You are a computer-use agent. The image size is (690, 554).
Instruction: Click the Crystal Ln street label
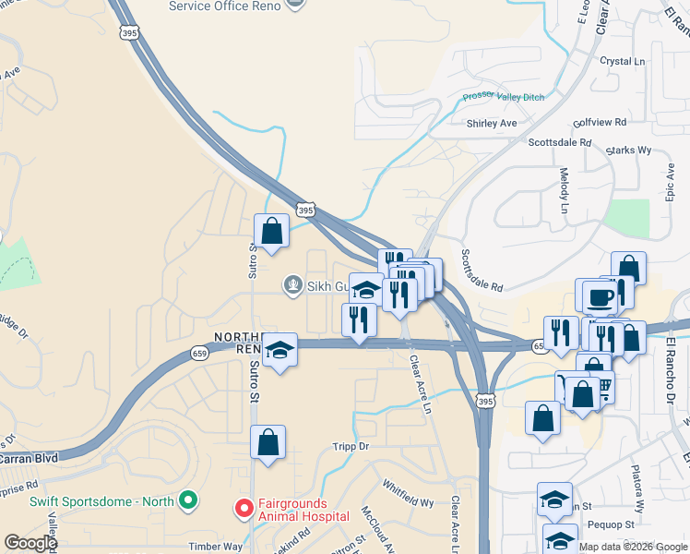622,61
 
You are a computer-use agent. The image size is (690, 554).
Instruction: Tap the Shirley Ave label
492,123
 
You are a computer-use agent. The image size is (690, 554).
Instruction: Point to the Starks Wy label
629,149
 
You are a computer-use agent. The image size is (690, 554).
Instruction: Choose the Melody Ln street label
565,190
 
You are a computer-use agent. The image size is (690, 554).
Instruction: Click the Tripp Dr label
351,446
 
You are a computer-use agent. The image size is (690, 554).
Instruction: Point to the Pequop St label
616,524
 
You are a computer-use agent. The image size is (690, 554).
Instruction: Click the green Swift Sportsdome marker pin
188,501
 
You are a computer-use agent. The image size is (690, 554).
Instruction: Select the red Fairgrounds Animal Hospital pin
244,508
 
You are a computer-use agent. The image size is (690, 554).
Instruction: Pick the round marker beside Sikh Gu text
293,284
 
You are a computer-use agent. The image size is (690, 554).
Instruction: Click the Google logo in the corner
30,544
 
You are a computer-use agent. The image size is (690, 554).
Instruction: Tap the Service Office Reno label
224,6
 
